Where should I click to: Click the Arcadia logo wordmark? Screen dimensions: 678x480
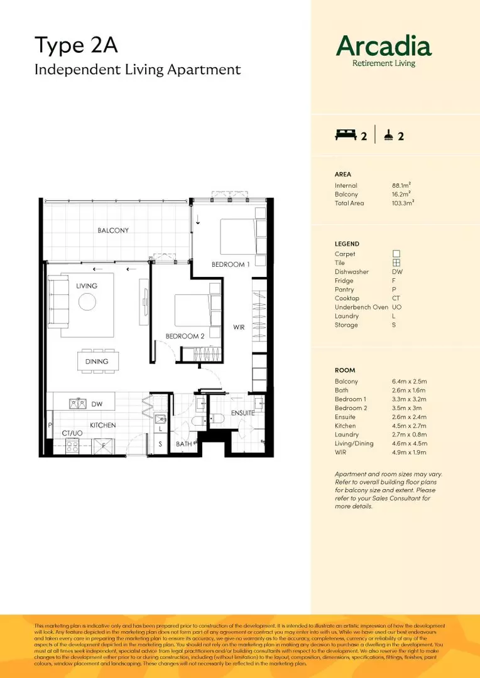(383, 46)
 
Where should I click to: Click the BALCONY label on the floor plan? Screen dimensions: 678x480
(113, 230)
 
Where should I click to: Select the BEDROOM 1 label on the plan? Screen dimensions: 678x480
(231, 264)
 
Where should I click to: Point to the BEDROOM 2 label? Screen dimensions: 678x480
(185, 336)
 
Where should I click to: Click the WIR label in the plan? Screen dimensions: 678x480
(239, 327)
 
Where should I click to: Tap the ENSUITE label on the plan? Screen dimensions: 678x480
(243, 413)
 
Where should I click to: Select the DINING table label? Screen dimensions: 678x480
(97, 362)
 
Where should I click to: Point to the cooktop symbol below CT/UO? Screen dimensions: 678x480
(72, 447)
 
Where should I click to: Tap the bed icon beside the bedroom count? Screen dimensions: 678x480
(346, 134)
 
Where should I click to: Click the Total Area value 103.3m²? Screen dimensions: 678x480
(403, 203)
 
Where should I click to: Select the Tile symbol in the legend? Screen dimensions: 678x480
(396, 263)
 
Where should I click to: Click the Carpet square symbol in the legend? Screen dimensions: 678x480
(396, 254)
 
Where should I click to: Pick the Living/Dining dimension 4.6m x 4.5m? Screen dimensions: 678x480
(409, 443)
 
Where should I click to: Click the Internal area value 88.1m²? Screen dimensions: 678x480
(401, 186)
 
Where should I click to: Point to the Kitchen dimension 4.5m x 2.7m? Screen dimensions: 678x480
(409, 426)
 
